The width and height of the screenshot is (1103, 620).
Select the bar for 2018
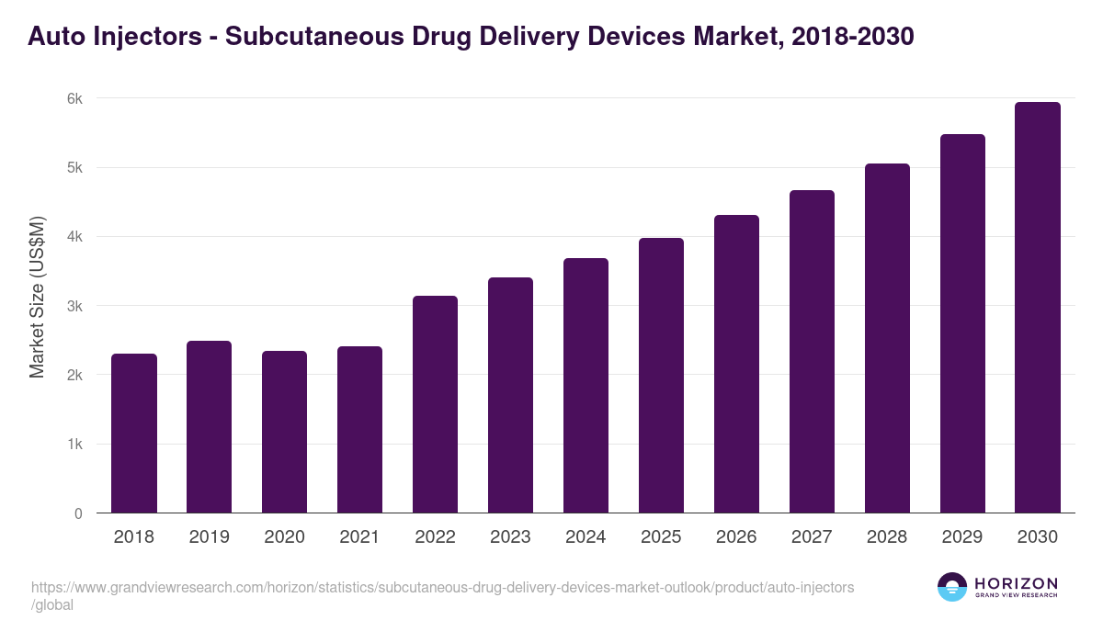tap(134, 434)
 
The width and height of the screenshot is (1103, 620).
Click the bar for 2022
tap(435, 404)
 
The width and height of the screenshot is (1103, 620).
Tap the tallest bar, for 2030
tap(1038, 308)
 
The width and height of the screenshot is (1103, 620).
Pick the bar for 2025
tap(661, 376)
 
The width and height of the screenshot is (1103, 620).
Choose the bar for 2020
tap(285, 432)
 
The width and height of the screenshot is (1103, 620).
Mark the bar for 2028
tap(887, 338)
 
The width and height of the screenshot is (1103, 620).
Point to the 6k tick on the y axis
tap(74, 99)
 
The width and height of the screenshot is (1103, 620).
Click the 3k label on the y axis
tap(74, 306)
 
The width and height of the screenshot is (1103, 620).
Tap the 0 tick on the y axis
tap(78, 513)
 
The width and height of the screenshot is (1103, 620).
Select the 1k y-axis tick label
tap(74, 445)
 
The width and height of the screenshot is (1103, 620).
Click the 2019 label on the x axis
tap(210, 537)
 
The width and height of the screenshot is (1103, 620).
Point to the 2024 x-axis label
tap(586, 537)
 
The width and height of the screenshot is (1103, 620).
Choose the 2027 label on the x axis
tap(812, 537)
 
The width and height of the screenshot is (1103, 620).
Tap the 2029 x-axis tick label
tap(962, 537)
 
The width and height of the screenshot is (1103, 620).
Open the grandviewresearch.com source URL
tap(441, 587)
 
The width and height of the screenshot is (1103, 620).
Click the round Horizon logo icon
tap(952, 587)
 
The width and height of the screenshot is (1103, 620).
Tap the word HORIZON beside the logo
tap(1016, 583)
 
